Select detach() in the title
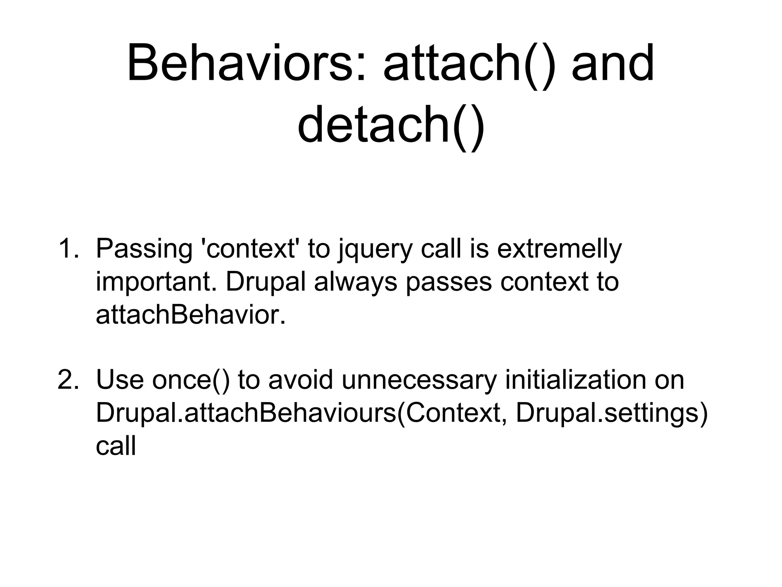391,124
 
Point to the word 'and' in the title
613,63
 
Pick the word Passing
144,249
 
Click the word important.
157,282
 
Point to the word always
355,282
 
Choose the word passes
449,283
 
